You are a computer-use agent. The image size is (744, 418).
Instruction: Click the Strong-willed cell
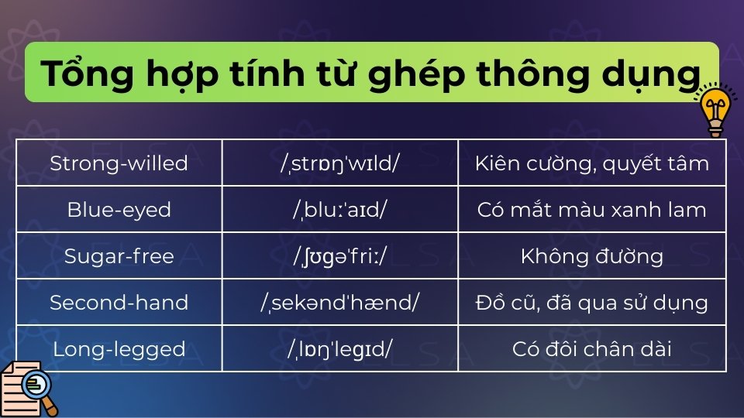tap(119, 163)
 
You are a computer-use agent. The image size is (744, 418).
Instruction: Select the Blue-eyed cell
tap(119, 210)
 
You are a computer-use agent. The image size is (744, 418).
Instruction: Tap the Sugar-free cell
tap(119, 256)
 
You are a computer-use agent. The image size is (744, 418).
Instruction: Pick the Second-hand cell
tap(119, 303)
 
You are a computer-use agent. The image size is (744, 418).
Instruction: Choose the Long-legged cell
tap(119, 349)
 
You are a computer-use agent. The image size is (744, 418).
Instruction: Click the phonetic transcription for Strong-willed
tap(340, 163)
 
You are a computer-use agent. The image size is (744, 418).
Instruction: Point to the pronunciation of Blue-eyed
tap(340, 210)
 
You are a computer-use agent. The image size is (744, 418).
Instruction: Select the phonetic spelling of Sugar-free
tap(340, 256)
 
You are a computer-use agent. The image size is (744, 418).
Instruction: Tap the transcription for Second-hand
tap(340, 303)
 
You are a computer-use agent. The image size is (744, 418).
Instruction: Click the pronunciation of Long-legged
tap(340, 349)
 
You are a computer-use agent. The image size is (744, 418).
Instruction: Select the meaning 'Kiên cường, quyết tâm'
tap(591, 163)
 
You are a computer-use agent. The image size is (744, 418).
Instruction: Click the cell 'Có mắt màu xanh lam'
tap(591, 210)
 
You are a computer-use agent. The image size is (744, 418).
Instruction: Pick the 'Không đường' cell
tap(591, 256)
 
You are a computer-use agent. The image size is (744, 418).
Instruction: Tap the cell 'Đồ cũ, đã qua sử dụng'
tap(591, 303)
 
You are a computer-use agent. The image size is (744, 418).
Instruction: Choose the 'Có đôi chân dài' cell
tap(591, 349)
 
